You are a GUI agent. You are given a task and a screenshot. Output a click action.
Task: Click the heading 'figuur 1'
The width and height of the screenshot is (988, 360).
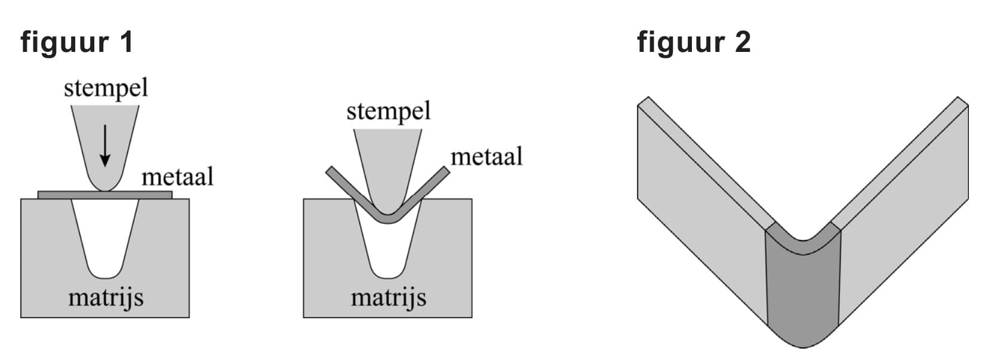pyautogui.click(x=77, y=42)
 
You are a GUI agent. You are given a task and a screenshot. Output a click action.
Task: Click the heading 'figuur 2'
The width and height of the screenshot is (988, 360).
pyautogui.click(x=693, y=42)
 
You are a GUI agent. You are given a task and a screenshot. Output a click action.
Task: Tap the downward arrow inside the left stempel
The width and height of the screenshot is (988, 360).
pyautogui.click(x=105, y=145)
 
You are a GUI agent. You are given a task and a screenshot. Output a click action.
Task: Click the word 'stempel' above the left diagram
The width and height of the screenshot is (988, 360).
pyautogui.click(x=106, y=88)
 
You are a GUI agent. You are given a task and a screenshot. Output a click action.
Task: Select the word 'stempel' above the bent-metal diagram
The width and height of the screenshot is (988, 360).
pyautogui.click(x=388, y=112)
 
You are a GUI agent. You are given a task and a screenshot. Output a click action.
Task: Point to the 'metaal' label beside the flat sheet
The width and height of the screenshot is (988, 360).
pyautogui.click(x=177, y=177)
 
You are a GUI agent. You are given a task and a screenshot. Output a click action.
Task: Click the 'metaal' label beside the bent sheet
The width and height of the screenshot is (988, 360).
pyautogui.click(x=486, y=157)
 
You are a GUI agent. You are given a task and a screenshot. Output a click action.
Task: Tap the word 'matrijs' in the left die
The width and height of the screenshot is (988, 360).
pyautogui.click(x=106, y=297)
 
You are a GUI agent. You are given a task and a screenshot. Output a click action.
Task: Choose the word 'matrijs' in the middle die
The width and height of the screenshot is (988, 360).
pyautogui.click(x=388, y=297)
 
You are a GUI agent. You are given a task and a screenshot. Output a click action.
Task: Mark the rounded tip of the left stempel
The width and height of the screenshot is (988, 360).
pyautogui.click(x=105, y=186)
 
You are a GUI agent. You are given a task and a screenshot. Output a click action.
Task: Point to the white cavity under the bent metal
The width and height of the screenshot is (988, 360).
pyautogui.click(x=388, y=251)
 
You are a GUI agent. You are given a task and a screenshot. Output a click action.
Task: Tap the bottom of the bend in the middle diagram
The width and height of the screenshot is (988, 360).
pyautogui.click(x=388, y=219)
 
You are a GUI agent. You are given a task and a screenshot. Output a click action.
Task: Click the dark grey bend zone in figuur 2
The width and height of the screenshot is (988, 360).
pyautogui.click(x=803, y=293)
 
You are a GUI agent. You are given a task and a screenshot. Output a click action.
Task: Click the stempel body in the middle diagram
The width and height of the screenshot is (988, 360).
pyautogui.click(x=388, y=161)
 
